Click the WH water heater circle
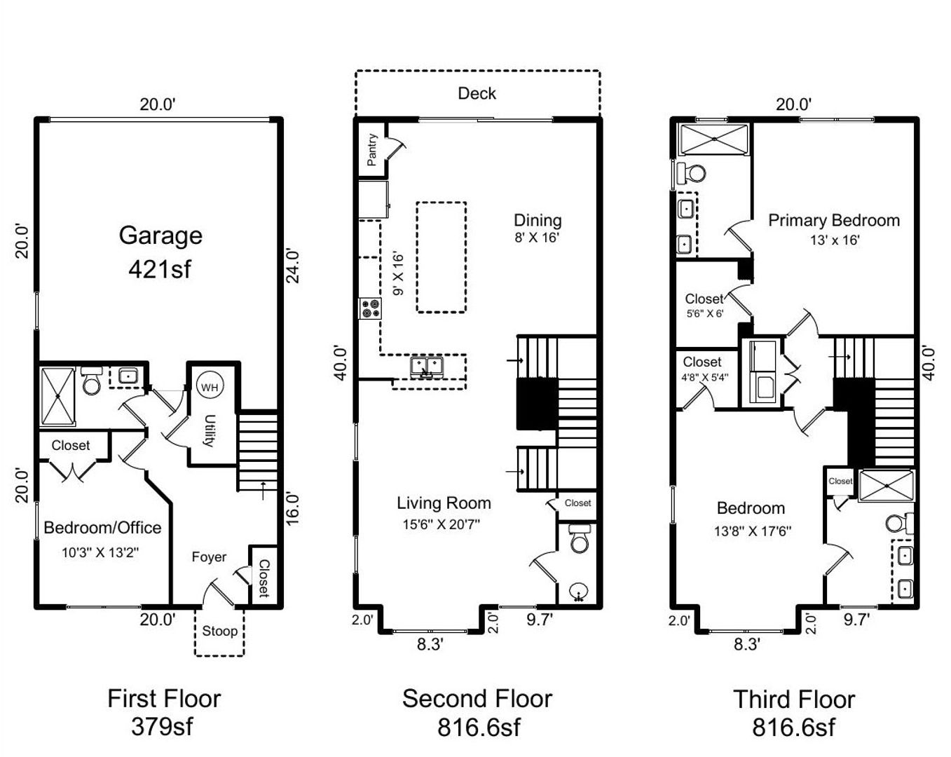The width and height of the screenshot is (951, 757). tap(210, 387)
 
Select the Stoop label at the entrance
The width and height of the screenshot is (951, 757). tap(219, 631)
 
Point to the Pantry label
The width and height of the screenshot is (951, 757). tap(372, 149)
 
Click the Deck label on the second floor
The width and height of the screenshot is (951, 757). tap(477, 93)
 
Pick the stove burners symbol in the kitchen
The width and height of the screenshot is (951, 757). tap(371, 308)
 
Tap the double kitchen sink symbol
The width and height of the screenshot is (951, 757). tap(427, 367)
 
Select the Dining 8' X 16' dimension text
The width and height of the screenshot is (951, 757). tap(537, 238)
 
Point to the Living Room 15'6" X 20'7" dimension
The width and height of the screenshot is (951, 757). tap(441, 524)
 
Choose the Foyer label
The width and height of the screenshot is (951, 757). tap(209, 557)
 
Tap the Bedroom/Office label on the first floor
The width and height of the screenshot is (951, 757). tap(102, 528)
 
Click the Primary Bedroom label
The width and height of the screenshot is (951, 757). tap(834, 220)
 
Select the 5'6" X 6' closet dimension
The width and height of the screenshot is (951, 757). tap(705, 314)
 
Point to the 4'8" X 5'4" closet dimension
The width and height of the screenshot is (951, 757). tap(705, 377)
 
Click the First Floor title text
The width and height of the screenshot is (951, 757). tap(164, 699)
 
